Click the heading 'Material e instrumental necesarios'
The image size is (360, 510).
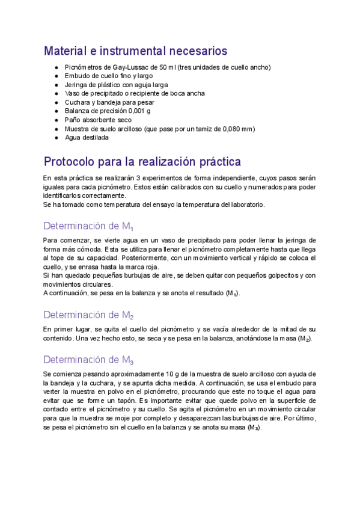(135, 51)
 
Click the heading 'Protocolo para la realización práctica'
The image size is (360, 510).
(142, 162)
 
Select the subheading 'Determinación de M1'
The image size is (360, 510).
(88, 227)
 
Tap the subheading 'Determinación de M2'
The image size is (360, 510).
(88, 315)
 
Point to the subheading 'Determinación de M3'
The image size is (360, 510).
(88, 360)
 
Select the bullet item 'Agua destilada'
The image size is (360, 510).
(87, 137)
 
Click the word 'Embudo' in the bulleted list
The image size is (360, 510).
(76, 76)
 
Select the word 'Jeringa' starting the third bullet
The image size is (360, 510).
(76, 85)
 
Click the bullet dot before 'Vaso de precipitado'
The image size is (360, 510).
(56, 94)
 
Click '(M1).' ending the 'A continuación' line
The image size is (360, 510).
(233, 293)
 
